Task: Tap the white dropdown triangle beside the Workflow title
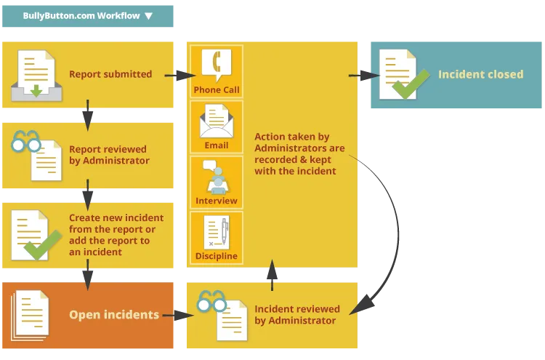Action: coord(149,15)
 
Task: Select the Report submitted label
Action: coord(110,73)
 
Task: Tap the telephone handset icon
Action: coord(216,66)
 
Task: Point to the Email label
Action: coord(217,145)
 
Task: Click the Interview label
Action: coord(217,201)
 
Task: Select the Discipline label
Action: coord(217,256)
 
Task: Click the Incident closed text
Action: coord(480,74)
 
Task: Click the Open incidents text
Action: coord(114,315)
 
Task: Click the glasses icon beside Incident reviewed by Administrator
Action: coord(211,300)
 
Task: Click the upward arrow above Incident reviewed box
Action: coord(273,271)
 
